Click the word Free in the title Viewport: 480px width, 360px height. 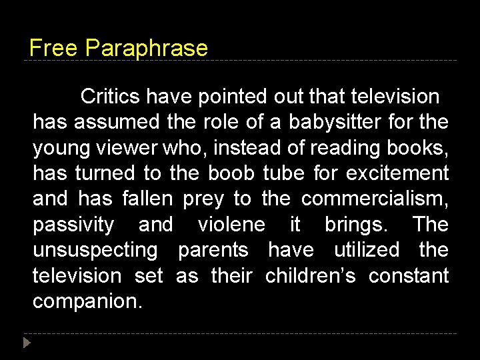click(54, 48)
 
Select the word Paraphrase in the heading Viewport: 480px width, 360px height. click(147, 49)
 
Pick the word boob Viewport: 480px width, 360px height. click(231, 173)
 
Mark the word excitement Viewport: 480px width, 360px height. click(397, 173)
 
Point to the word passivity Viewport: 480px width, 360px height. click(73, 225)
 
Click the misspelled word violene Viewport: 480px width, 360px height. click(231, 225)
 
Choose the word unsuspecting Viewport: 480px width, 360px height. click(95, 251)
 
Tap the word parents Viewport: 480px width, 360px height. click(213, 250)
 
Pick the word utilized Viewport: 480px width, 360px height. click(367, 250)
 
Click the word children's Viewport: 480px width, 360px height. click(311, 275)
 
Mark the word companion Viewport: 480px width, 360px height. click(87, 301)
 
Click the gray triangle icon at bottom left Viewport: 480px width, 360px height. click(27, 344)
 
